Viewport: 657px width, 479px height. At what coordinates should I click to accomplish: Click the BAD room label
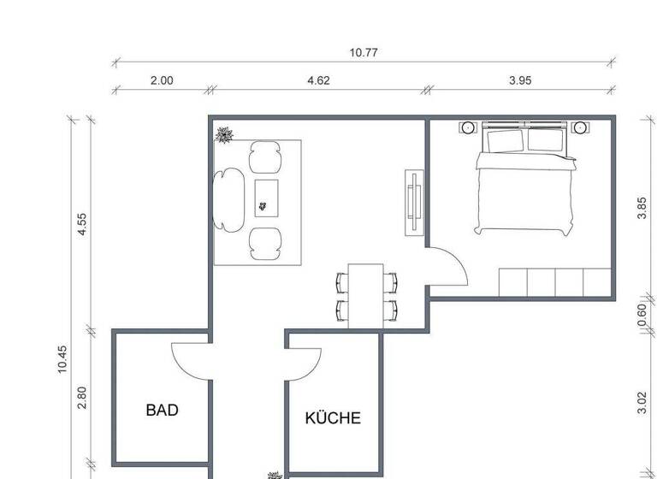coord(162,411)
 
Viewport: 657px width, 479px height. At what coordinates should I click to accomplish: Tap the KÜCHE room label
coord(333,418)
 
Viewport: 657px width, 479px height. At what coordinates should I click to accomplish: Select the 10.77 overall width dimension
coord(364,52)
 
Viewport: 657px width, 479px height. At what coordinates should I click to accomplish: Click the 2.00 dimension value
coord(162,81)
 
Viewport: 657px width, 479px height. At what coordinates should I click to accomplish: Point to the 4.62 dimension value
coord(318,81)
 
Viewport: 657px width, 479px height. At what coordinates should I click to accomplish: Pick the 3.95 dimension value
coord(520,81)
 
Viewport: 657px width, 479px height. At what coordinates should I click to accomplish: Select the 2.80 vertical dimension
coord(82,397)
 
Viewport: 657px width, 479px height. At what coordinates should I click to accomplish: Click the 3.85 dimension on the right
coord(642,208)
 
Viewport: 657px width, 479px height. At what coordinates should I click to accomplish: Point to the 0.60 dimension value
coord(642,315)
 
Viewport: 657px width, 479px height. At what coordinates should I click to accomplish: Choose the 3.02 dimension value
coord(642,402)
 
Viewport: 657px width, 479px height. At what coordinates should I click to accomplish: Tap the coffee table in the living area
coord(266,198)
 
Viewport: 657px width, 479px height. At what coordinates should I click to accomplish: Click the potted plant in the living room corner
coord(225,134)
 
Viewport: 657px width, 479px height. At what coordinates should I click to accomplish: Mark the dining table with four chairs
coord(366,294)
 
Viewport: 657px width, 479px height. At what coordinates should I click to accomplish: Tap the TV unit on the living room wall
coord(413,203)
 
